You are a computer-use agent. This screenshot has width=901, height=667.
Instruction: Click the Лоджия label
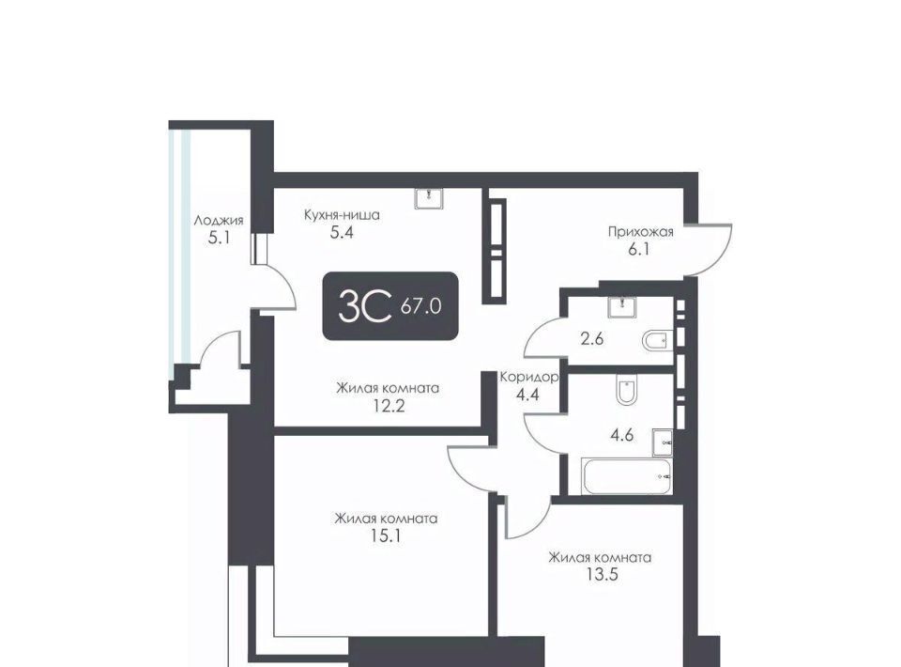(x=219, y=220)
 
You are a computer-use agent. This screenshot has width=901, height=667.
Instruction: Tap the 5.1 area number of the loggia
(x=219, y=238)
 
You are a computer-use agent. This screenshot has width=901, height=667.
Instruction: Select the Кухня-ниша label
(x=342, y=215)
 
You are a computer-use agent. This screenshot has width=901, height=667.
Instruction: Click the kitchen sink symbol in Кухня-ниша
(x=429, y=198)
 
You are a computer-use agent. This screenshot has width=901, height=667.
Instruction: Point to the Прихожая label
(x=641, y=232)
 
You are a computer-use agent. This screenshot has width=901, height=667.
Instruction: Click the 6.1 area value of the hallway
(x=639, y=250)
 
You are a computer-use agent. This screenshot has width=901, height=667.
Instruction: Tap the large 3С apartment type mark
(x=365, y=306)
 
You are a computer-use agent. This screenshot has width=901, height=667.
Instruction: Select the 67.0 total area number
(x=421, y=306)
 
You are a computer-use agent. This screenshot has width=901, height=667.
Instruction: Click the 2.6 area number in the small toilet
(x=592, y=339)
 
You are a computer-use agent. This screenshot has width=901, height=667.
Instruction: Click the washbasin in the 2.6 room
(x=622, y=307)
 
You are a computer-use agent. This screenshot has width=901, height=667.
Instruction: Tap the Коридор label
(x=528, y=378)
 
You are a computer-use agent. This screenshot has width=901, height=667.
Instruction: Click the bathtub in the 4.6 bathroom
(x=626, y=476)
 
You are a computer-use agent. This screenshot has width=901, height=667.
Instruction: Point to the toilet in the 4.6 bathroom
(x=626, y=390)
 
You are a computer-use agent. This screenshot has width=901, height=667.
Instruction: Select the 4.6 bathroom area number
(x=622, y=435)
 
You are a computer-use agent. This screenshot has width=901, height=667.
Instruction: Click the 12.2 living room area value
(x=388, y=407)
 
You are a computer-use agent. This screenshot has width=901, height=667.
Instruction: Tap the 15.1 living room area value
(x=386, y=536)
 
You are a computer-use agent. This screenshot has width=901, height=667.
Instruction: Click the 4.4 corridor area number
(x=527, y=395)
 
